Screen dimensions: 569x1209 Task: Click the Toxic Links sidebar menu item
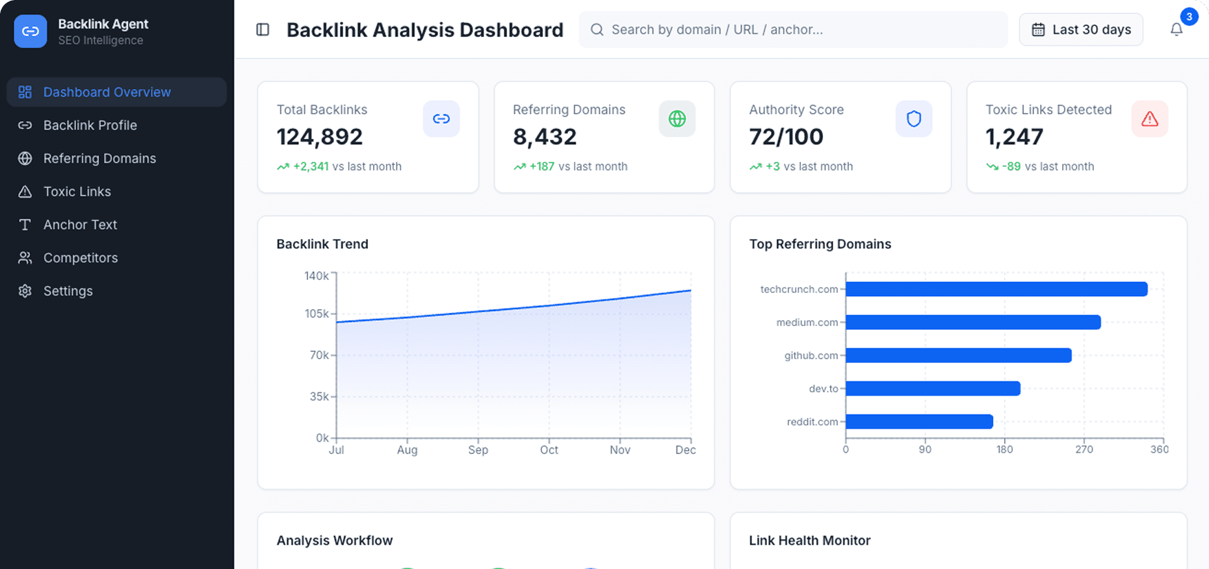pos(77,192)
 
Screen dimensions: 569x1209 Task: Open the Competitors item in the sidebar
pos(80,258)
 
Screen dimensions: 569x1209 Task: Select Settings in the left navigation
pos(68,291)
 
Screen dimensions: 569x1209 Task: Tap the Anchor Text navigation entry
pos(80,225)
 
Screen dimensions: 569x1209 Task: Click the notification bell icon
pos(1176,30)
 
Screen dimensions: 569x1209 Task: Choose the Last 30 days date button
pos(1081,30)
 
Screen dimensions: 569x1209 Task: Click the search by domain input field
pos(793,30)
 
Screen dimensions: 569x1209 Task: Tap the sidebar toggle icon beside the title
pos(263,30)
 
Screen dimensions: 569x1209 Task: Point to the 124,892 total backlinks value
pos(319,137)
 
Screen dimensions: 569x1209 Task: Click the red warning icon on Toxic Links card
pos(1149,119)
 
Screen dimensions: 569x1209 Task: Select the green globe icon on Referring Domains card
pos(677,119)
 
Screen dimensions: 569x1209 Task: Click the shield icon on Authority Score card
pos(913,119)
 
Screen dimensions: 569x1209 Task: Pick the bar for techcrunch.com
pos(996,289)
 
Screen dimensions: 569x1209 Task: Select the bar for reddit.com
pos(918,422)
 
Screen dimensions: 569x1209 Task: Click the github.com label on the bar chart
pos(811,355)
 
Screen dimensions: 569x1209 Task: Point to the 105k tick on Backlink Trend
pos(317,314)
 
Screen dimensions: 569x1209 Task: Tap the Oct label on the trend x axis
pos(549,449)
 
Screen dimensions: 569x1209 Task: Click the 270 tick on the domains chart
pos(1084,449)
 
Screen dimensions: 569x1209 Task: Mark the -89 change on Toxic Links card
pos(1011,166)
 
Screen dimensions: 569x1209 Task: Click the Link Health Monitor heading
pos(809,540)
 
